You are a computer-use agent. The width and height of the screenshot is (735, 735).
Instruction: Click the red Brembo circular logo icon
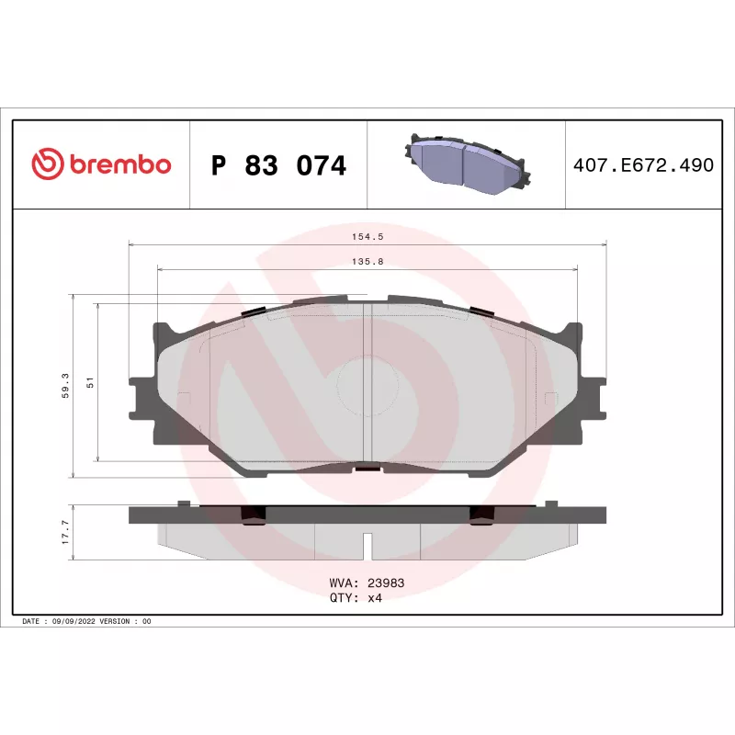pos(48,164)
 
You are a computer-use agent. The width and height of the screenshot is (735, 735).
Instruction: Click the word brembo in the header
pos(120,164)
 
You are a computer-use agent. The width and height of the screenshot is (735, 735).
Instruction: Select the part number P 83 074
pos(278,165)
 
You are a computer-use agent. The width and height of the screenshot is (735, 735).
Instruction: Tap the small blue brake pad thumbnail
pos(467,164)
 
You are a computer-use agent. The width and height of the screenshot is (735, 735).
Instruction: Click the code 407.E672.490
pos(643,165)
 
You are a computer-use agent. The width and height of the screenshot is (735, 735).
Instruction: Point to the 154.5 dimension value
pos(367,237)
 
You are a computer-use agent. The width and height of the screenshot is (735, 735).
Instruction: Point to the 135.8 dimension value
pos(367,262)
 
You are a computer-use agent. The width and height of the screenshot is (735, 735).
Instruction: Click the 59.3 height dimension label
pos(65,385)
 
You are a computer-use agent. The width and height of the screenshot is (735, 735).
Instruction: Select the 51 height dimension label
pos(90,382)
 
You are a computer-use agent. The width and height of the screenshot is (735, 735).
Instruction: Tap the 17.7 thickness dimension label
pos(65,532)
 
